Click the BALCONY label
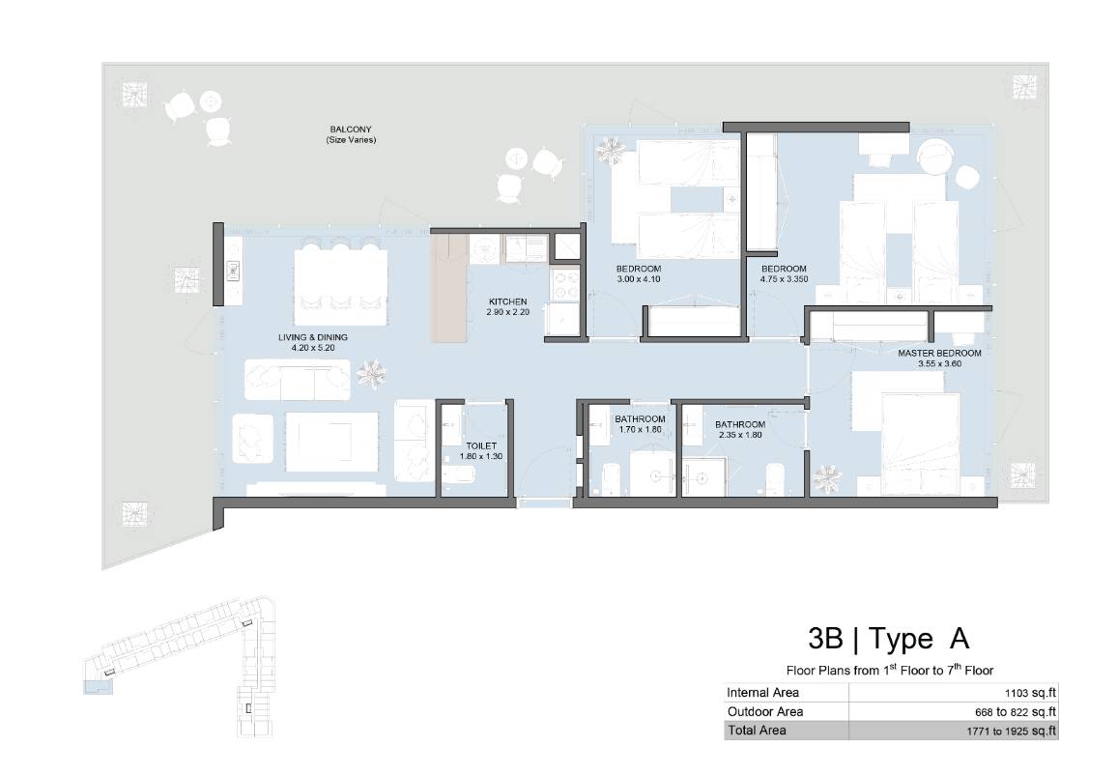click(351, 129)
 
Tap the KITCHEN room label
click(508, 302)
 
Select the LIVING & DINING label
click(313, 337)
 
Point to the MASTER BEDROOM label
click(939, 354)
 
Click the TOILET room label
click(481, 445)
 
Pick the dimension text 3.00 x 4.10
click(639, 279)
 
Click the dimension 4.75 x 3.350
click(784, 279)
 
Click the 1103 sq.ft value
click(1030, 692)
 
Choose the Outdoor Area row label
click(765, 711)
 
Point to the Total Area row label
click(757, 731)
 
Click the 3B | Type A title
click(888, 638)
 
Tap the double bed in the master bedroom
click(921, 444)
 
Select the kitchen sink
click(525, 248)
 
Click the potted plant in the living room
click(371, 374)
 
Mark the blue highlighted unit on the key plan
click(99, 687)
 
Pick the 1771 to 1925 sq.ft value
click(1012, 731)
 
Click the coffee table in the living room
click(332, 442)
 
